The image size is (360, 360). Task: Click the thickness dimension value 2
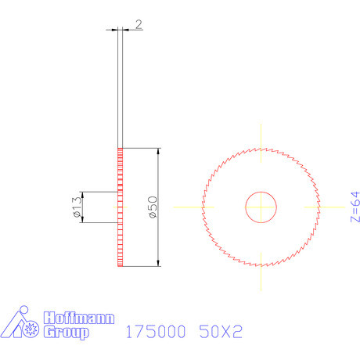pyautogui.click(x=139, y=25)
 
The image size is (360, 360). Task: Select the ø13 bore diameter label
pyautogui.click(x=77, y=207)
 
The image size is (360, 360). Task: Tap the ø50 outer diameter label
pyautogui.click(x=153, y=207)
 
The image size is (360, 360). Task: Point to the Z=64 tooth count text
pyautogui.click(x=355, y=207)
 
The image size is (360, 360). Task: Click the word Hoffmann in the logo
pyautogui.click(x=79, y=319)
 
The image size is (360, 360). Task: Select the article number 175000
pyautogui.click(x=155, y=333)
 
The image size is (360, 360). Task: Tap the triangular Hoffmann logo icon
pyautogui.click(x=21, y=325)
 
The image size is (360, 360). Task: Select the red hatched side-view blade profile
pyautogui.click(x=121, y=207)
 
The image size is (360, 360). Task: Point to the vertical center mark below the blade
pyautogui.click(x=261, y=278)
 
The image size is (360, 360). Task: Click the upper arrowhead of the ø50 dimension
pyautogui.click(x=159, y=152)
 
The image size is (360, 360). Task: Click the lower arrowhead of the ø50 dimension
pyautogui.click(x=159, y=263)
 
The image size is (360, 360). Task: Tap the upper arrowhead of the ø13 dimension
pyautogui.click(x=83, y=196)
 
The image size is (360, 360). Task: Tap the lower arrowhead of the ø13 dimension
pyautogui.click(x=83, y=219)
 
